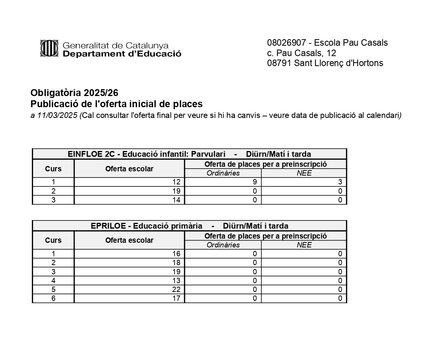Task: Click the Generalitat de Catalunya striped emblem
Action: click(x=49, y=48)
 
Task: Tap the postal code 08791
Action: click(x=279, y=63)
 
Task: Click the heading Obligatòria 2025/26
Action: click(x=75, y=93)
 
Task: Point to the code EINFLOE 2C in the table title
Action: click(x=91, y=154)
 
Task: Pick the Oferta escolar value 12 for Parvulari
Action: click(x=176, y=182)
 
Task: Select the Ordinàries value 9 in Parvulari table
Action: click(x=254, y=182)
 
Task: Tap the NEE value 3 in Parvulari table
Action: click(x=340, y=182)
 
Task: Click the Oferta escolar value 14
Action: click(x=176, y=200)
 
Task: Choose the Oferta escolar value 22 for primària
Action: click(x=176, y=289)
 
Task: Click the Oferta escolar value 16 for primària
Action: click(x=176, y=254)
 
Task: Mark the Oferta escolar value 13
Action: click(x=176, y=280)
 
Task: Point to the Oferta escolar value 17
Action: click(x=176, y=298)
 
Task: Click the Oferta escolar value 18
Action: click(x=176, y=262)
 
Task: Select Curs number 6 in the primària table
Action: click(x=53, y=298)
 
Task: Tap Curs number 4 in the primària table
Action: click(x=53, y=280)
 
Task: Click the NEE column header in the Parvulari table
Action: click(x=304, y=173)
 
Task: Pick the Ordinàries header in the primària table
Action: click(x=223, y=245)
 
